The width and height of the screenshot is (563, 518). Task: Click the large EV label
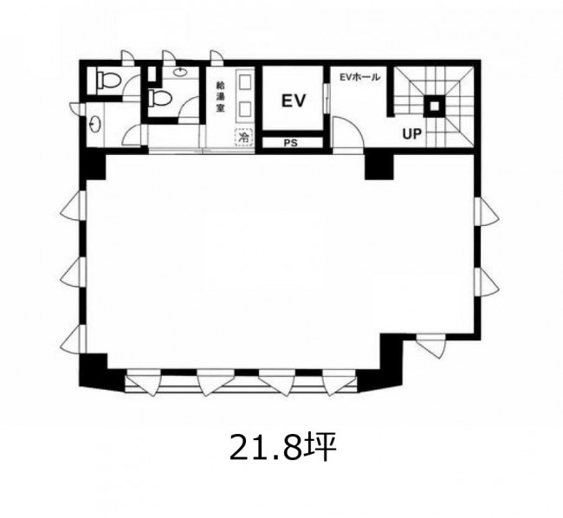[x=294, y=100]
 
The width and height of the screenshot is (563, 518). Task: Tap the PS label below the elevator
[x=291, y=143]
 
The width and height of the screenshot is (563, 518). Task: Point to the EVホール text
[x=359, y=77]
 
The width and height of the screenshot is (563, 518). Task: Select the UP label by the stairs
[x=411, y=134]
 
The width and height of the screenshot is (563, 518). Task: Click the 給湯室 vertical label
[x=220, y=97]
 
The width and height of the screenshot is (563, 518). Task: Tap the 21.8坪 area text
[x=282, y=447]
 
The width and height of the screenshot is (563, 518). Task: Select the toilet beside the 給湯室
[x=160, y=98]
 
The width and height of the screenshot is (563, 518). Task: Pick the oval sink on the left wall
[x=95, y=124]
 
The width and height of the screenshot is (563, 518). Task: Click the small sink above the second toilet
[x=179, y=72]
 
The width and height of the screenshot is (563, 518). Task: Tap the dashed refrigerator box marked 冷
[x=244, y=137]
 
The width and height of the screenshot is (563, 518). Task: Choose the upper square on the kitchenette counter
[x=244, y=81]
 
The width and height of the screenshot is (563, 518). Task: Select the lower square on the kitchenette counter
[x=244, y=108]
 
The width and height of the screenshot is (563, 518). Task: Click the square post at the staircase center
[x=435, y=106]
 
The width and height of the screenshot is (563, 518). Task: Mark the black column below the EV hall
[x=379, y=166]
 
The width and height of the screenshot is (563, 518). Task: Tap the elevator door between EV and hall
[x=327, y=99]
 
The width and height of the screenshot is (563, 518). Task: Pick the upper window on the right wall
[x=486, y=212]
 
